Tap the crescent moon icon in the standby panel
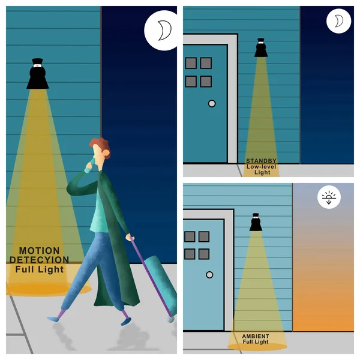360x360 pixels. pos(340,21)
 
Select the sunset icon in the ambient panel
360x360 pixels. pos(329,197)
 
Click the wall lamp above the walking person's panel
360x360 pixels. pos(37,73)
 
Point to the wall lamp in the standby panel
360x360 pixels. pos(261,47)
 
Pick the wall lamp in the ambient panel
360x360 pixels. pos(256,222)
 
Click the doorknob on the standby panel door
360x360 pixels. pos(212,104)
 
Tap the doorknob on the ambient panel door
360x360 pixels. pos(209,275)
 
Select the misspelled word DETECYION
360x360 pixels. pos(39,260)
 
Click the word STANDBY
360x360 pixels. pos(261,161)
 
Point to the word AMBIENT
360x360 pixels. pos(256,336)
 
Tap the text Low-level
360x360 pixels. pos(261,166)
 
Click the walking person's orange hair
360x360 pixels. pos(101,146)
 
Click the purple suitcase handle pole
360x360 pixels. pos(151,277)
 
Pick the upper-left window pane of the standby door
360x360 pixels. pos(191,63)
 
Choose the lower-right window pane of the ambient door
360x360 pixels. pos(203,254)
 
